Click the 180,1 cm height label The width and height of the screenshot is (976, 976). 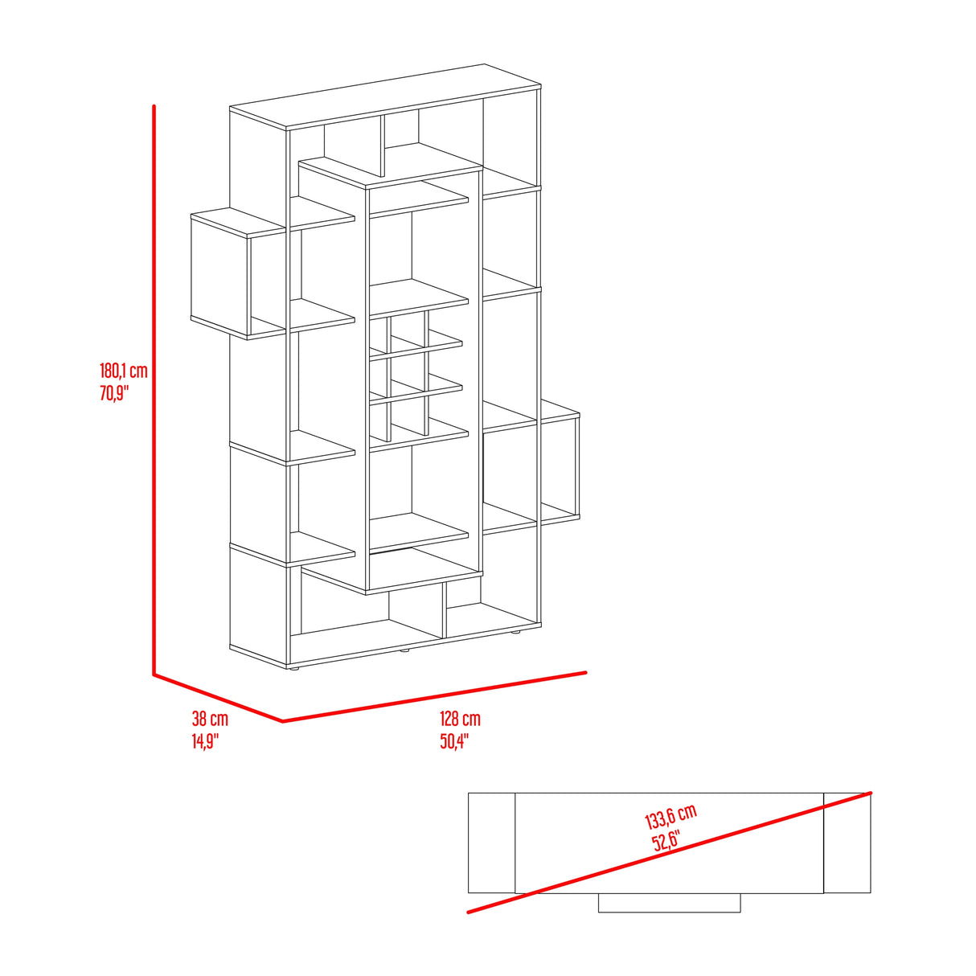(123, 371)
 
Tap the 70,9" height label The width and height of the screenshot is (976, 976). (114, 393)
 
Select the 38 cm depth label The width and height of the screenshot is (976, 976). (210, 719)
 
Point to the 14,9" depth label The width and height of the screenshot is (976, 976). (205, 741)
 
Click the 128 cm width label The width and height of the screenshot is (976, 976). (460, 719)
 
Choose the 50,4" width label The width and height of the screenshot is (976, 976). (454, 741)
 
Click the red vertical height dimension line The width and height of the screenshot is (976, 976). (154, 390)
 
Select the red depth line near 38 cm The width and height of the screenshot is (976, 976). (218, 698)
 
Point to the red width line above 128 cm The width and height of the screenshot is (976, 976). (434, 697)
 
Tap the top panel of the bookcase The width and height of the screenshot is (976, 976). (386, 96)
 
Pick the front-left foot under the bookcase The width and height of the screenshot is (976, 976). (293, 670)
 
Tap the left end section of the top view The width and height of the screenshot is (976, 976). (491, 843)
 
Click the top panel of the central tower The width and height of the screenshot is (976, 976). (390, 173)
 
